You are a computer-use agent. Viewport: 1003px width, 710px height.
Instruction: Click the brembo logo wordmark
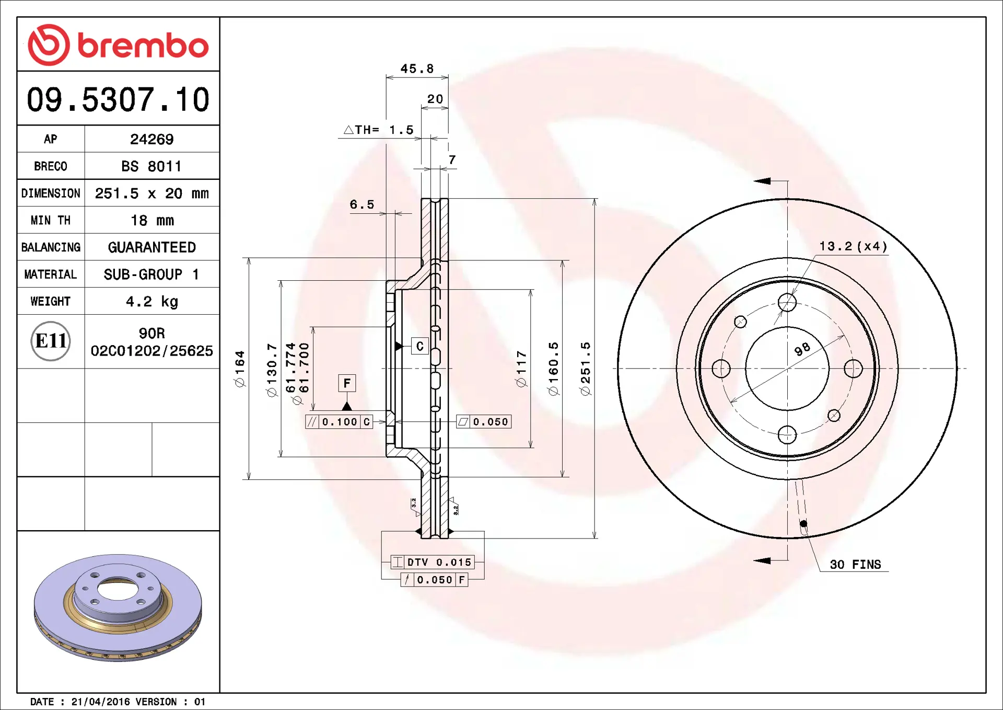click(x=143, y=45)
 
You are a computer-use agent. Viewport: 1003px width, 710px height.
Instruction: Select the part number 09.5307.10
click(x=118, y=99)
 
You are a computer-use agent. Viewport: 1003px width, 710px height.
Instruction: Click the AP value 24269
click(x=151, y=139)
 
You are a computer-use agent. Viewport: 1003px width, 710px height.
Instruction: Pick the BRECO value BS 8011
click(x=151, y=166)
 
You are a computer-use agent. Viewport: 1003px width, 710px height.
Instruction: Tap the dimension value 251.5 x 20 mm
click(x=151, y=193)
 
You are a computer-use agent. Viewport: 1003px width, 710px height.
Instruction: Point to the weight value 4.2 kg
click(x=151, y=302)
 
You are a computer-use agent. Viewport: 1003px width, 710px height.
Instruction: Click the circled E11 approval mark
click(x=51, y=341)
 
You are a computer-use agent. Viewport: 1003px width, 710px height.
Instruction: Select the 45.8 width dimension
click(x=417, y=68)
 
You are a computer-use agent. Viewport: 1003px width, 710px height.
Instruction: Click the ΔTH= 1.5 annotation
click(x=379, y=130)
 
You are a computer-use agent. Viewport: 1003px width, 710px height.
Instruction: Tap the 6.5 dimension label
click(x=362, y=204)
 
